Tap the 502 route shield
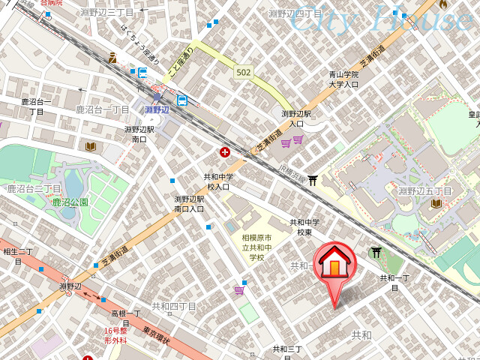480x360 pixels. click(243, 71)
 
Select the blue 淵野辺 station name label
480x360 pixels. click(157, 109)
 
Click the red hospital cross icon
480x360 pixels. click(224, 152)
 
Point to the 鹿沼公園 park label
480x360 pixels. click(70, 202)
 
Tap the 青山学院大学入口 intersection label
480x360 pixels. click(343, 79)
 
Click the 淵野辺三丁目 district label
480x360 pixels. click(106, 12)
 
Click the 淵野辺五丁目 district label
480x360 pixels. click(425, 191)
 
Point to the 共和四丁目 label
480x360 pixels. click(174, 306)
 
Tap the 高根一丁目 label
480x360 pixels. click(126, 317)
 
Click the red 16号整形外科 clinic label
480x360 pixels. click(116, 335)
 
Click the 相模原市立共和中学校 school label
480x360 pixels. click(257, 247)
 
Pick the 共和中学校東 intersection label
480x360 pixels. click(304, 227)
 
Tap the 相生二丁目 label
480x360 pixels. click(18, 256)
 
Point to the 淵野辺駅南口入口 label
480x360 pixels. click(189, 203)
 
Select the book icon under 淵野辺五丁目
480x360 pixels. click(436, 203)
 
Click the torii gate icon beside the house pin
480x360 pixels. click(376, 253)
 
